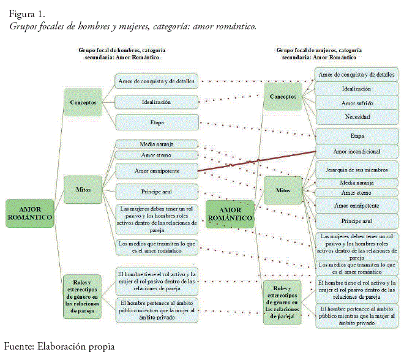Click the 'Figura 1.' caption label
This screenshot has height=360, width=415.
(27, 13)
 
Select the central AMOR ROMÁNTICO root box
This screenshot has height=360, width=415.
(230, 213)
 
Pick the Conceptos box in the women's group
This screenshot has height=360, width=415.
(283, 97)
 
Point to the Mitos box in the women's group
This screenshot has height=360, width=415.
(284, 191)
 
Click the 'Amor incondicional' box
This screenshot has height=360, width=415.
(356, 151)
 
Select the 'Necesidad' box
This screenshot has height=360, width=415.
(356, 116)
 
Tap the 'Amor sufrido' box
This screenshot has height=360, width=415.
(356, 103)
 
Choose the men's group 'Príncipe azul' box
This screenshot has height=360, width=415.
(156, 192)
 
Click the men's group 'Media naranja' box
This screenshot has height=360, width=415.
(156, 144)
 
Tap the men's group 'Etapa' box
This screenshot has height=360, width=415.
(156, 122)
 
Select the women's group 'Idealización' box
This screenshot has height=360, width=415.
(356, 89)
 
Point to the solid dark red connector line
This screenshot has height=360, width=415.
(257, 161)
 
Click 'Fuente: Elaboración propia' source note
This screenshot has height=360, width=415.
(59, 347)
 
